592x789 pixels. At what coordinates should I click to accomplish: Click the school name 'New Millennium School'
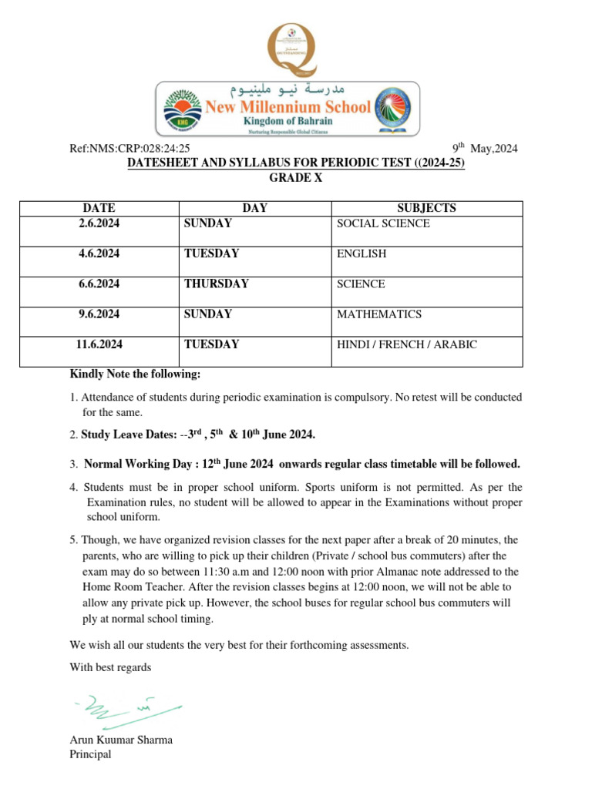(288, 107)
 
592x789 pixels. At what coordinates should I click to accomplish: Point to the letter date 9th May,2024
(484, 149)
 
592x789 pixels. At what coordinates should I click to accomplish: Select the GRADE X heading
(295, 178)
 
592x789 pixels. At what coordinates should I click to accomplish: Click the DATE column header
(99, 208)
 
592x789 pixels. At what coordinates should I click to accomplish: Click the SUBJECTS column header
(426, 208)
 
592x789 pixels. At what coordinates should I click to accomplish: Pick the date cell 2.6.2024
(99, 223)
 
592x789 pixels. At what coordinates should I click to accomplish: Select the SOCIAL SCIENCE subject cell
(383, 223)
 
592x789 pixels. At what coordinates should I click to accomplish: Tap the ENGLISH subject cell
(362, 253)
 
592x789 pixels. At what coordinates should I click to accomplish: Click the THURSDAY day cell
(216, 284)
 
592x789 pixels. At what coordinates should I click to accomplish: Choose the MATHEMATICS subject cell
(379, 314)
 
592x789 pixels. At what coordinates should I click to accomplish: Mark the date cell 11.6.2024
(99, 344)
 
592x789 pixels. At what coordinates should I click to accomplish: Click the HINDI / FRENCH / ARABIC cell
(406, 344)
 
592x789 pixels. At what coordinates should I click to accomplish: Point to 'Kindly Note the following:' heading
(135, 374)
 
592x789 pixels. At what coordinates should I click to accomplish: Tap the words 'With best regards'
(110, 667)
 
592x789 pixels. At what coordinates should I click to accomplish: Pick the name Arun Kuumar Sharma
(121, 740)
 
